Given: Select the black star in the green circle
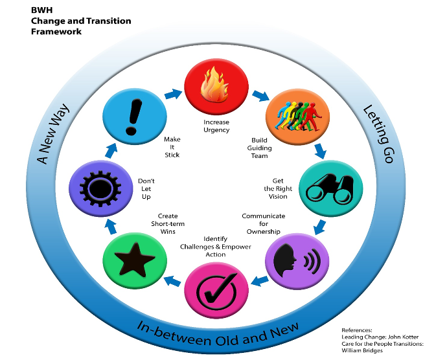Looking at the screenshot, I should [129, 261].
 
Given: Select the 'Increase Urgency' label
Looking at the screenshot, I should [216, 126].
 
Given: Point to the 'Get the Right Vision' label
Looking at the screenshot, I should [279, 188].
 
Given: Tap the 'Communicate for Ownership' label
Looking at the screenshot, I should [263, 223].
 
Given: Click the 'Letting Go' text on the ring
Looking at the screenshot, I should [377, 133].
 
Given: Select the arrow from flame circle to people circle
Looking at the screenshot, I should [260, 95].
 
